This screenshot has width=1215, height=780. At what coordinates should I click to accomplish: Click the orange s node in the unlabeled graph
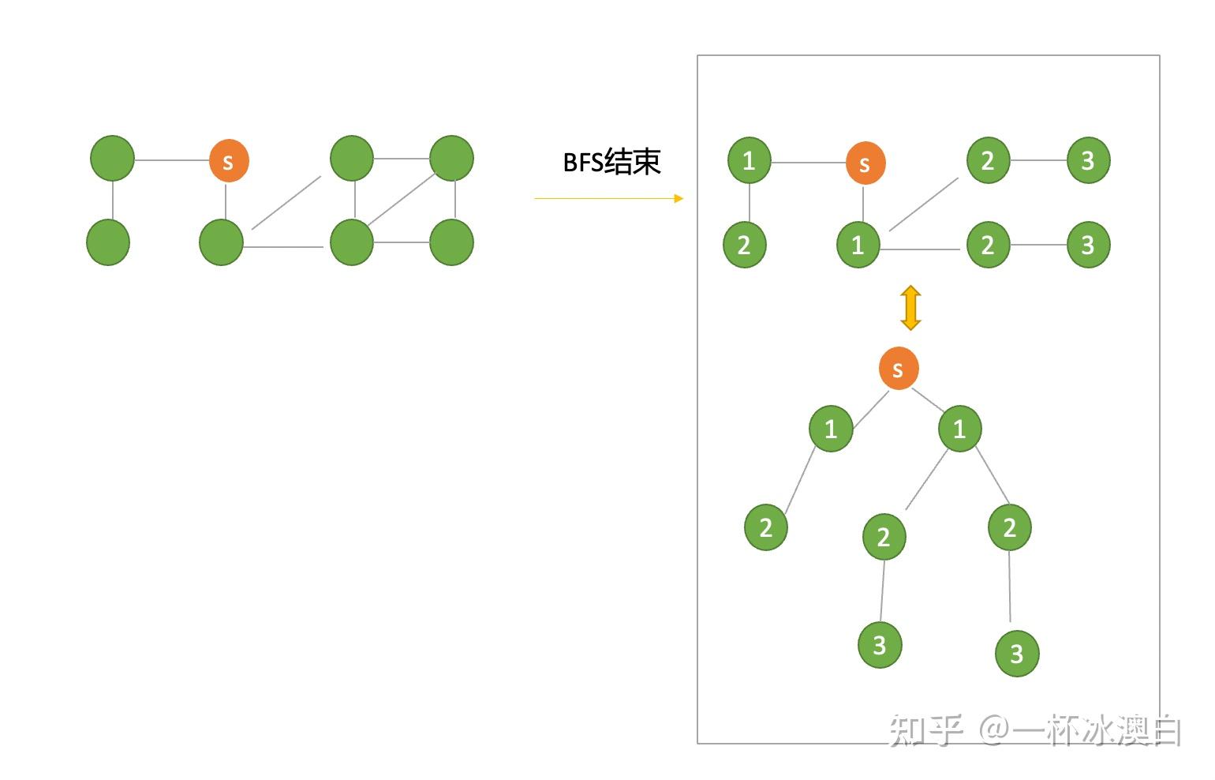click(x=229, y=161)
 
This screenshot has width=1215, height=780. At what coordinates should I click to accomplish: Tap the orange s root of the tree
click(x=899, y=369)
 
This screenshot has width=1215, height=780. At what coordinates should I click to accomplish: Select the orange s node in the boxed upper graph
click(x=865, y=163)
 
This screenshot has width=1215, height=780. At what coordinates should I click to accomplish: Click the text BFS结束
click(x=611, y=162)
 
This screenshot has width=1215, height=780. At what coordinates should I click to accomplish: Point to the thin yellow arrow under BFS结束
click(x=608, y=198)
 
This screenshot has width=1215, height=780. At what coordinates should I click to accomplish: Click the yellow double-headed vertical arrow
click(x=910, y=308)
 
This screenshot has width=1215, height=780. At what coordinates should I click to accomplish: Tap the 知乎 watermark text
click(x=926, y=729)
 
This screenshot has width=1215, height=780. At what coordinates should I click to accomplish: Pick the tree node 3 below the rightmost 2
click(x=1017, y=653)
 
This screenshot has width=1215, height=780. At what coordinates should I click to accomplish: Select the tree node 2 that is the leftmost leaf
click(x=766, y=527)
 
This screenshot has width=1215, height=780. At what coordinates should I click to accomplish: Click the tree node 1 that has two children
click(x=959, y=429)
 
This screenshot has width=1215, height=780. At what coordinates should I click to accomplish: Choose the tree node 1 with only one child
click(x=831, y=429)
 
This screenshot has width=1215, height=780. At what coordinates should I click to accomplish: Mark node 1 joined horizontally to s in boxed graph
click(x=749, y=160)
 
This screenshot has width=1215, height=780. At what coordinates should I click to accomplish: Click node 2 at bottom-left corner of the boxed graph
click(x=744, y=245)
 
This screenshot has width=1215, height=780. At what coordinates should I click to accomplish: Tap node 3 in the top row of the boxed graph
click(x=1088, y=160)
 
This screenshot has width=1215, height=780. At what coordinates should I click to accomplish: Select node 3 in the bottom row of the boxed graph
click(x=1088, y=245)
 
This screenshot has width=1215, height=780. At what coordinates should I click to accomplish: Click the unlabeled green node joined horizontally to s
click(x=113, y=158)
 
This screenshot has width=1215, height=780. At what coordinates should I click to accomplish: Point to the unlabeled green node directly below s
click(x=222, y=242)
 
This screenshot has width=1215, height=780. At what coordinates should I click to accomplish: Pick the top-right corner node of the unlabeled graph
click(x=451, y=158)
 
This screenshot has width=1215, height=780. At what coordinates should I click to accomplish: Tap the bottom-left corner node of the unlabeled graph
click(x=108, y=242)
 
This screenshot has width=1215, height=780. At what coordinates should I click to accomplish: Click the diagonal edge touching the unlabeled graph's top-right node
click(x=402, y=200)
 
